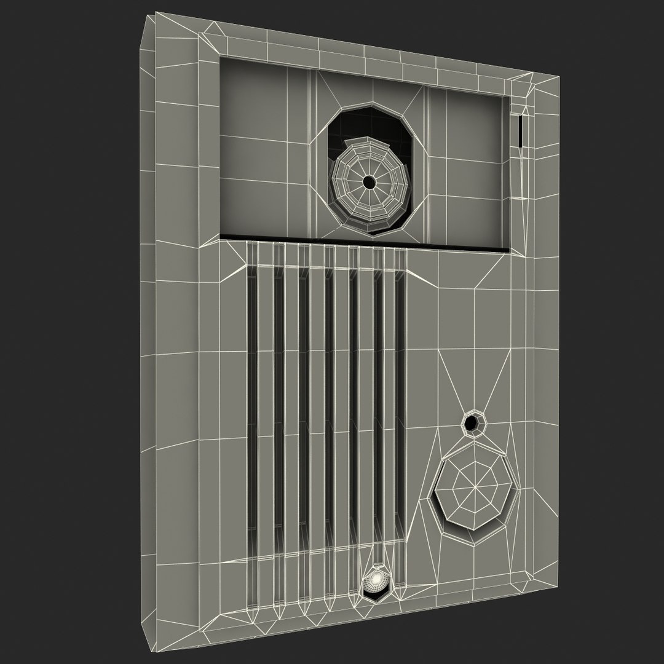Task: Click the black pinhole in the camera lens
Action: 368,182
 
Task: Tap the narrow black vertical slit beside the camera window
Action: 520,132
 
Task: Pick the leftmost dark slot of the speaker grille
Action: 252,400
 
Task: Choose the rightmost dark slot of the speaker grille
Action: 399,400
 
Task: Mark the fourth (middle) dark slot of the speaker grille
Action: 328,400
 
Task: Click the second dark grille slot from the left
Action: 277,400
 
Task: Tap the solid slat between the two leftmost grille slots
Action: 265,400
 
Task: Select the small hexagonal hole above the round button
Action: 472,422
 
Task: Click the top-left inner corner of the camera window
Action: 219,58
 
